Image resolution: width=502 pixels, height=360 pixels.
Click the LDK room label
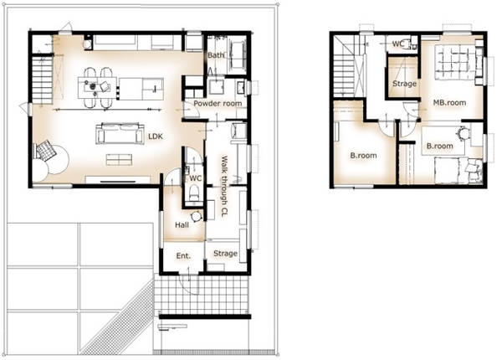[x=156, y=136]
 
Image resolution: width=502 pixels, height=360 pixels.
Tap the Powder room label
[x=218, y=104]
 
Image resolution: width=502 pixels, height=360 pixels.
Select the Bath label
[x=216, y=55]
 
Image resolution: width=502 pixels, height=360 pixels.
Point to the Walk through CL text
[x=224, y=187]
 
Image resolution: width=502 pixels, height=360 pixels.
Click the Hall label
[x=182, y=225]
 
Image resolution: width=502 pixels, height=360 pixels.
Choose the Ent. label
[x=183, y=255]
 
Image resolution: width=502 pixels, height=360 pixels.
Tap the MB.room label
[x=449, y=103]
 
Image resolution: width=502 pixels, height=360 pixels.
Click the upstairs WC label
[x=398, y=44]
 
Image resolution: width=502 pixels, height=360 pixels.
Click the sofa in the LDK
[x=120, y=133]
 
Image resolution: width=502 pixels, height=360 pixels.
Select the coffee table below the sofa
[x=119, y=160]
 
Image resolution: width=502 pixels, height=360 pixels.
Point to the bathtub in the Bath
[x=238, y=54]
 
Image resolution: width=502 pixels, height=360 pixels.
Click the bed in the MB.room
[x=455, y=62]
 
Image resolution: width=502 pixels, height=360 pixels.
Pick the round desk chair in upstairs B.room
[x=462, y=133]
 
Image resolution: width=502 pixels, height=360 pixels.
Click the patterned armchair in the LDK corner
[x=46, y=150]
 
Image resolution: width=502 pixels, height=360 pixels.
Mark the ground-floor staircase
[x=43, y=80]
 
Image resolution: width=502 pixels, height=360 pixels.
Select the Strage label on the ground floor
[x=225, y=254]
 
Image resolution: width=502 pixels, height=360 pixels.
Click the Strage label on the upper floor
[x=404, y=84]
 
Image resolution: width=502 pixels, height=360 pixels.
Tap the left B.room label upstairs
[x=363, y=156]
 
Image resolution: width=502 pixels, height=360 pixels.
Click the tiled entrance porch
[x=202, y=295]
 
